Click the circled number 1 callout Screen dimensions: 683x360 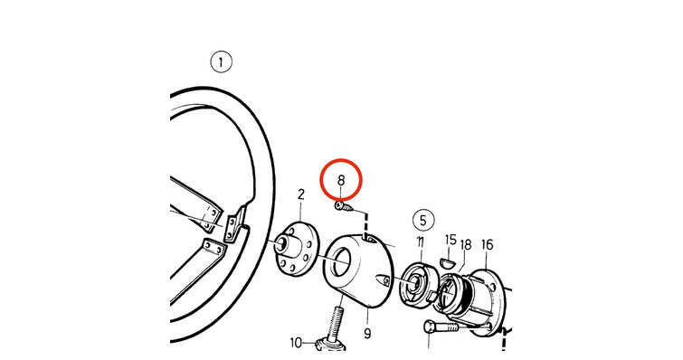(222, 62)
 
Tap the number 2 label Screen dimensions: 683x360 (301, 194)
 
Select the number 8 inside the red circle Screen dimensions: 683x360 (341, 180)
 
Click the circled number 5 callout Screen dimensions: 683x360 (423, 221)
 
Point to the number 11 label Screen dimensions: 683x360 (420, 242)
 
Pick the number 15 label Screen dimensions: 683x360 (451, 240)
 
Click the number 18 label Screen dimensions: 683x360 (466, 245)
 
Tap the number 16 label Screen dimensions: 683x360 (487, 244)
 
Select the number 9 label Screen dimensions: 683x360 (367, 334)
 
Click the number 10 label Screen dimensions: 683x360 (296, 343)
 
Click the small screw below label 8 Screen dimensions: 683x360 (343, 206)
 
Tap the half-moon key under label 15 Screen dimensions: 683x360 (448, 262)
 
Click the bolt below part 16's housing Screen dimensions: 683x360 (441, 327)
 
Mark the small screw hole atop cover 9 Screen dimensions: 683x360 (368, 238)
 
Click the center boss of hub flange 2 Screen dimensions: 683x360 (281, 246)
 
